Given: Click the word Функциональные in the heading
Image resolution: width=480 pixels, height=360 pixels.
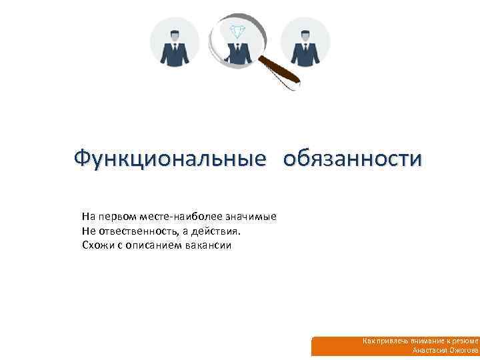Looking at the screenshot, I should pyautogui.click(x=165, y=159).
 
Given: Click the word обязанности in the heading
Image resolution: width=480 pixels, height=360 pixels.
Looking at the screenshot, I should pyautogui.click(x=352, y=159).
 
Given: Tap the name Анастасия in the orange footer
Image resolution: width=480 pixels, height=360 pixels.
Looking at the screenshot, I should pyautogui.click(x=430, y=350).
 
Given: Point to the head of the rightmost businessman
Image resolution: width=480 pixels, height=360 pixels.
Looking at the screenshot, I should pyautogui.click(x=305, y=35).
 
